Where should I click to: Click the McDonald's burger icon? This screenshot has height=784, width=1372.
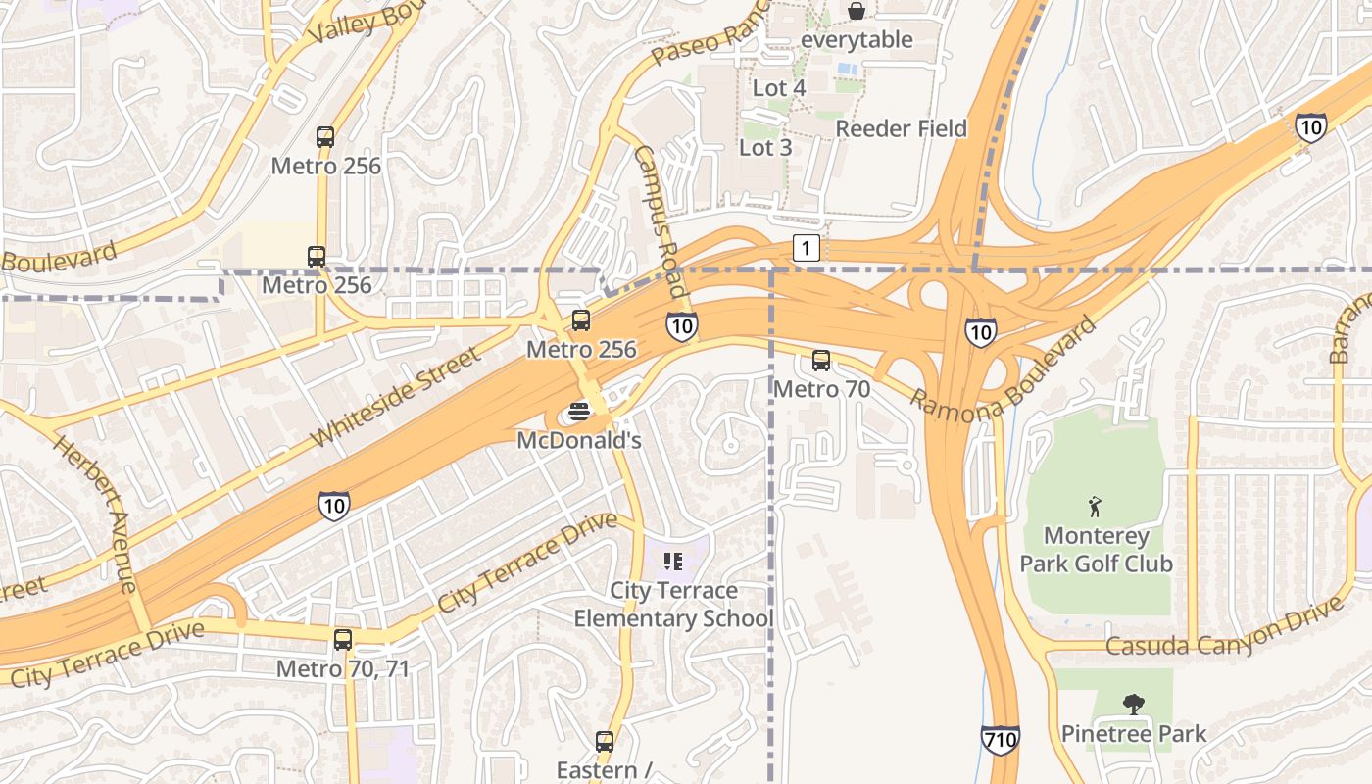pos(578,412)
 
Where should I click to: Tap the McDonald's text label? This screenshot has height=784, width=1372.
pos(578,441)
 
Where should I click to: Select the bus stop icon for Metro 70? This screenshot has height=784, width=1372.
pos(821,361)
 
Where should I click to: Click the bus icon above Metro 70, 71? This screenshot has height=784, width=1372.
pos(342,640)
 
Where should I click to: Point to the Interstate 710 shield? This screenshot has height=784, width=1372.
pos(999,739)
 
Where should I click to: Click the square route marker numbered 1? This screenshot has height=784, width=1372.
pos(806,249)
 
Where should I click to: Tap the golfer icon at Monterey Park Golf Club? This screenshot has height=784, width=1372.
pos(1095,507)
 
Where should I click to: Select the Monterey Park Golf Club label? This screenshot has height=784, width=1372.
pos(1096,550)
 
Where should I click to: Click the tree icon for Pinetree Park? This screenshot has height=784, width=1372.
pos(1134,705)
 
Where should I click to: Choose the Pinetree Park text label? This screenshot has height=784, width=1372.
pos(1134,734)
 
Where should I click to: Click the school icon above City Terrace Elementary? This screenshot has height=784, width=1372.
pos(672,562)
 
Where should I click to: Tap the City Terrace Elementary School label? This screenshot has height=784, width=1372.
pos(673,605)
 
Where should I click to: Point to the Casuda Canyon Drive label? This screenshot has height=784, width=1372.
pos(1224,630)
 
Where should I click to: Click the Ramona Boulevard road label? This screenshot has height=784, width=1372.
pos(1004,368)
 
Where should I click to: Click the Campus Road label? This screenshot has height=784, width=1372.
pos(659,222)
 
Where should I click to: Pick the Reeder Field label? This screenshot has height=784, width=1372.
pos(901,128)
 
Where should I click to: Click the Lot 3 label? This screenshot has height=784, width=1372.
pos(764,148)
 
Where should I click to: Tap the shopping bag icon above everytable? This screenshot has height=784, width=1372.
pos(857,11)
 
